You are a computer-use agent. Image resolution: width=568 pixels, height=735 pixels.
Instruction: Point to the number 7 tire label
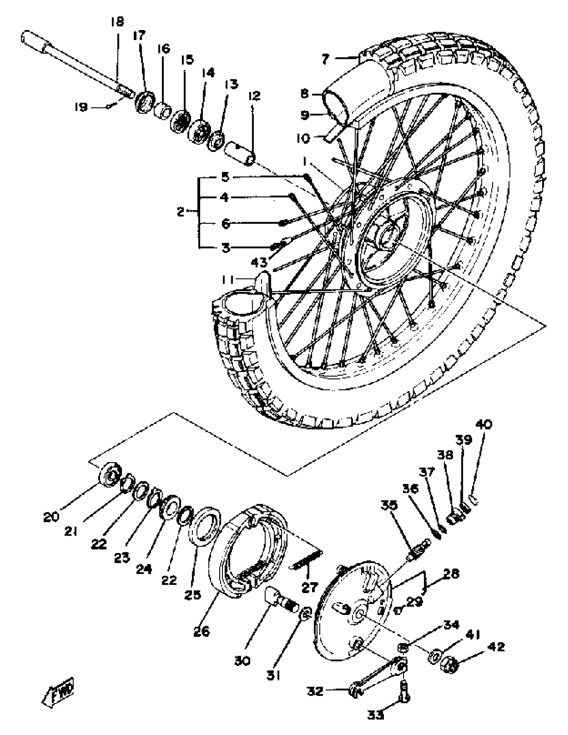[x=325, y=59]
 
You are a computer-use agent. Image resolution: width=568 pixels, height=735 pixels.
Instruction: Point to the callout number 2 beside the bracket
[x=181, y=212]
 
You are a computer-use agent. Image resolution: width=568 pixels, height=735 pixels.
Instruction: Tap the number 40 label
[x=484, y=424]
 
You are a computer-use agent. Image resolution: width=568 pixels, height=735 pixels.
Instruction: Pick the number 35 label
[x=389, y=505]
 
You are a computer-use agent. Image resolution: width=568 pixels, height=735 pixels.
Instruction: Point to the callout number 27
[x=309, y=587]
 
